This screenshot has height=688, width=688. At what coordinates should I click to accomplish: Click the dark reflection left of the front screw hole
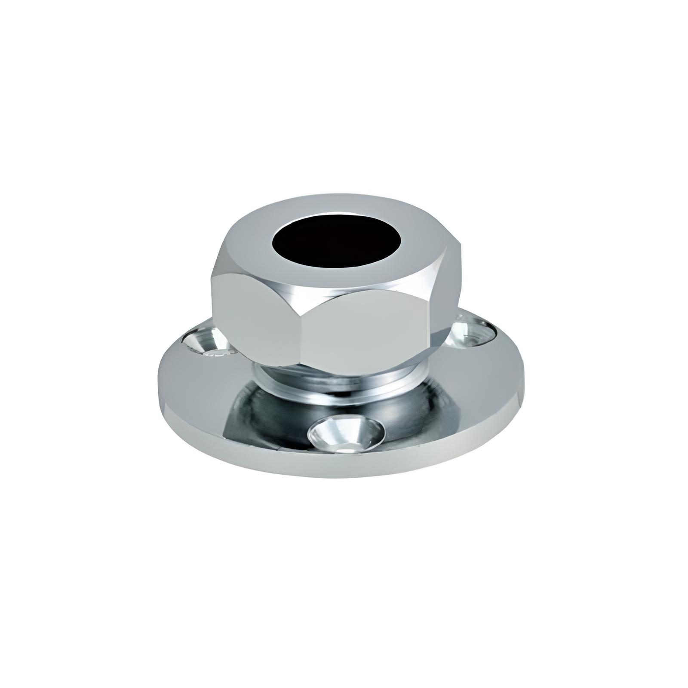271,413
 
